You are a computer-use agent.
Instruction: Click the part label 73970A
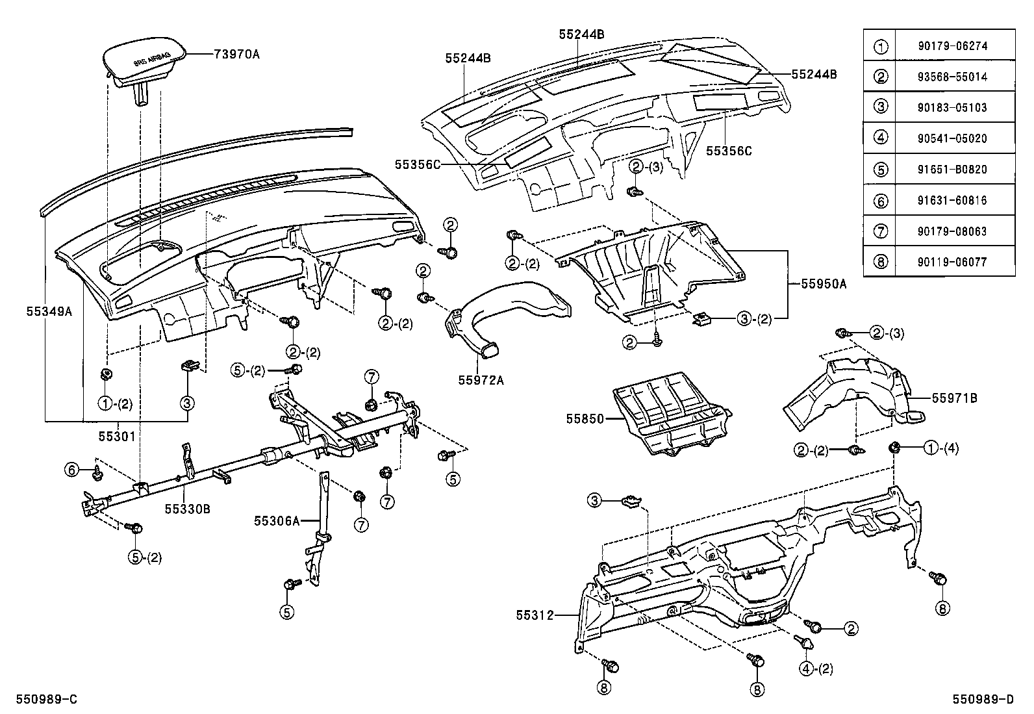pos(236,55)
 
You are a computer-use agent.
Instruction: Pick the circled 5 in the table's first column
pos(880,170)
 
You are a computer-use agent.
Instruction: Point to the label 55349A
pos(49,311)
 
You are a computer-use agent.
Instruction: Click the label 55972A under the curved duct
pos(481,381)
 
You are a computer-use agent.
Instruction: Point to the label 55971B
pos(954,398)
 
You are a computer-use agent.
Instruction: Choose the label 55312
pos(535,615)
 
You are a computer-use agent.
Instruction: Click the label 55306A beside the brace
pos(277,520)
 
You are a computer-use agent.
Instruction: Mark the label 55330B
pos(187,509)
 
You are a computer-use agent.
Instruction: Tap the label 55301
pos(118,437)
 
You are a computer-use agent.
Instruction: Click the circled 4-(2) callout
pos(816,669)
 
